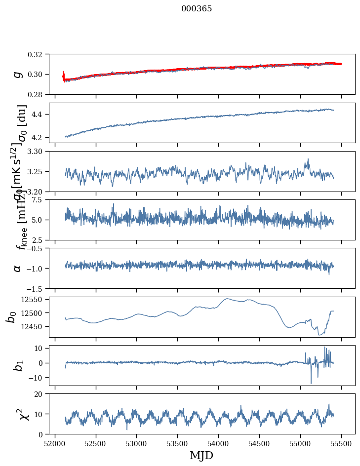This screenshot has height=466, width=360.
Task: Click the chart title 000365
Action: point(197,9)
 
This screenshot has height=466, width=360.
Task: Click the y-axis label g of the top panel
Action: point(17,74)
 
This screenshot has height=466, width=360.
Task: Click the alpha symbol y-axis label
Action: point(17,268)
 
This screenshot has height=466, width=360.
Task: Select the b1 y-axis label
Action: point(17,365)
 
